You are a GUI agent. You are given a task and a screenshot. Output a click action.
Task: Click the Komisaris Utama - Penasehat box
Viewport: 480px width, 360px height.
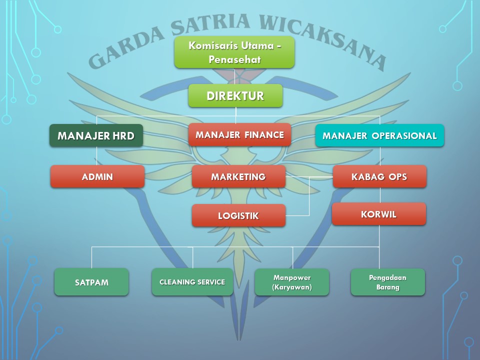pos(234,52)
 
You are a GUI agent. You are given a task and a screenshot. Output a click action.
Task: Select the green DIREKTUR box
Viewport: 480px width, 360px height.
pos(235,96)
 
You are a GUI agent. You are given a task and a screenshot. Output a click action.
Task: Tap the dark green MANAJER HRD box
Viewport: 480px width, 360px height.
pos(96,135)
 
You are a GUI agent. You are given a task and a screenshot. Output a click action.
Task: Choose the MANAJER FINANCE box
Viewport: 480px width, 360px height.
pos(239,134)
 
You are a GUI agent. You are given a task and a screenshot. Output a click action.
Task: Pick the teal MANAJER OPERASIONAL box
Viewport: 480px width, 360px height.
pos(379,135)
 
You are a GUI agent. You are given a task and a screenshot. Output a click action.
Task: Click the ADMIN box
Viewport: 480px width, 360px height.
pos(97,176)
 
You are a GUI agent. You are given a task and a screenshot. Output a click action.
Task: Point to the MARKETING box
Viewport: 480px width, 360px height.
pos(239,176)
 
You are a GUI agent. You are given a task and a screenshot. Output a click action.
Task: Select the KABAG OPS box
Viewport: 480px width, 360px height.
pos(379,176)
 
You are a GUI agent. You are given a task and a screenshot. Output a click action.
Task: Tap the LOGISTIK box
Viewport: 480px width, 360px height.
pos(239,215)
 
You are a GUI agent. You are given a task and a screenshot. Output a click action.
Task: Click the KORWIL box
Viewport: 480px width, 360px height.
pos(379,214)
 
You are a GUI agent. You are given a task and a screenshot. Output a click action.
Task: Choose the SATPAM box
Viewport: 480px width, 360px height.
pos(91,282)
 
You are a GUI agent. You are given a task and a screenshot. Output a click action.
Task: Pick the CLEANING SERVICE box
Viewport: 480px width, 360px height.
pos(192,282)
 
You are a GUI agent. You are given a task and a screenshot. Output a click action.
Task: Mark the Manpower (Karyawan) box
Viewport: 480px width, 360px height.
pos(292,282)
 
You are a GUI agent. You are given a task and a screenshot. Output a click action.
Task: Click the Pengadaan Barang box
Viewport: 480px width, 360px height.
pos(388,282)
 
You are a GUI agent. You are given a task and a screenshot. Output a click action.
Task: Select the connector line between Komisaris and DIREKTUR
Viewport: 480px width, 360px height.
pos(234,76)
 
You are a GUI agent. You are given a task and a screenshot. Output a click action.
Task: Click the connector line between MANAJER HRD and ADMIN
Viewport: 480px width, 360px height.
pos(96,156)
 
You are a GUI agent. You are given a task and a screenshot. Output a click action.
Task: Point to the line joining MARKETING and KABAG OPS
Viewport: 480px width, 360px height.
pos(309,177)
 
